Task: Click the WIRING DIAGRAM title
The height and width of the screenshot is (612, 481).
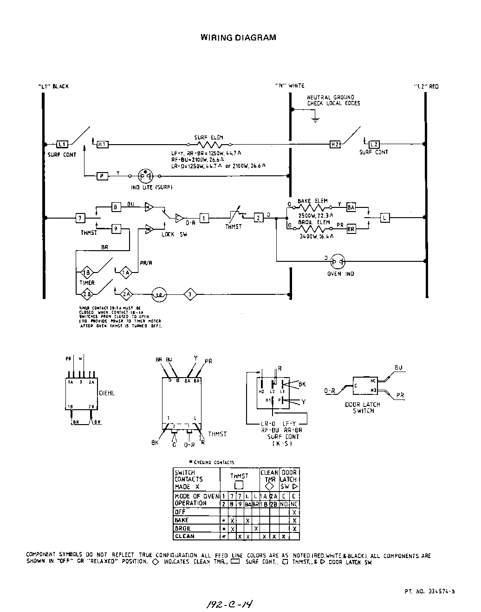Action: point(238,37)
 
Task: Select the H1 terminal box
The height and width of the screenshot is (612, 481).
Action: point(103,145)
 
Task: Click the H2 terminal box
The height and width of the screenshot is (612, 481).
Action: point(335,145)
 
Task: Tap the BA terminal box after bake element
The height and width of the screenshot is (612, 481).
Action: point(351,207)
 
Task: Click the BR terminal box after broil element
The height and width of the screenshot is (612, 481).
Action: point(351,229)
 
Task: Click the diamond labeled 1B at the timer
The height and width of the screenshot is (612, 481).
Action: point(86,273)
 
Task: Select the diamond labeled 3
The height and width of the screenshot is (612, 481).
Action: point(190,294)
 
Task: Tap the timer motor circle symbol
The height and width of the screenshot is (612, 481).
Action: point(159,294)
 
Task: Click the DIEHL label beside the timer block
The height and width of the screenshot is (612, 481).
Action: point(107,393)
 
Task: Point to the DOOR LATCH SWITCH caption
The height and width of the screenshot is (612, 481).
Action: point(363,408)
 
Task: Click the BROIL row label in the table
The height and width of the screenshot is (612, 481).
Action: point(183,529)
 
